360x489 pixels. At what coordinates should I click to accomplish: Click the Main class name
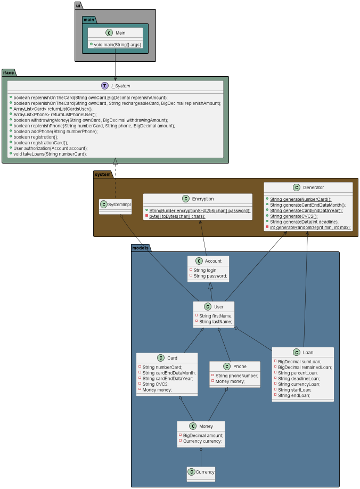pos(120,33)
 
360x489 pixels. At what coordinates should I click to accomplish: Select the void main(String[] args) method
pos(117,44)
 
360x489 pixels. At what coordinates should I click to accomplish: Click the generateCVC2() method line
pos(293,216)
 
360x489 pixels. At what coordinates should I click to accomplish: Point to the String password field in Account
pos(210,276)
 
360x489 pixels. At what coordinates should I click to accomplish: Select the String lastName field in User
pos(215,322)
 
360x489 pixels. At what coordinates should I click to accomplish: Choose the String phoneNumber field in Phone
pos(236,376)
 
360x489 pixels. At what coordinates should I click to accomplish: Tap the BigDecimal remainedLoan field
pos(305,367)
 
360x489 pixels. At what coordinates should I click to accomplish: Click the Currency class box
pos(201,472)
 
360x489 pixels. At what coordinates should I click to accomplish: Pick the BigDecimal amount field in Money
pos(203,435)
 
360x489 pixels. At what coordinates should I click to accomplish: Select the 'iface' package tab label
pos(9,72)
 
